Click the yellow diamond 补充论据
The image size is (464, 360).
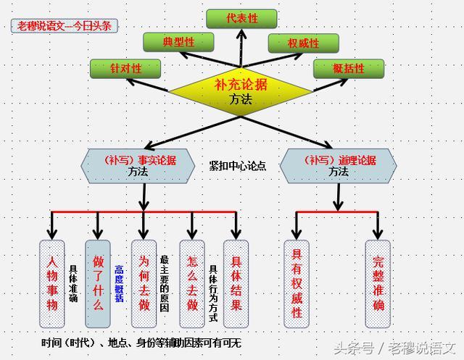(x=241, y=91)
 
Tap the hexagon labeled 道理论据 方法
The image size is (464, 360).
(x=338, y=166)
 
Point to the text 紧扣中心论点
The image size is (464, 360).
(x=237, y=166)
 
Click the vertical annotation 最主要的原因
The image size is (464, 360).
(x=165, y=282)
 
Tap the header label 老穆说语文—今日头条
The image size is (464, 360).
(x=65, y=25)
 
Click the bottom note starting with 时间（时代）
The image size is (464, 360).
(x=141, y=342)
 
